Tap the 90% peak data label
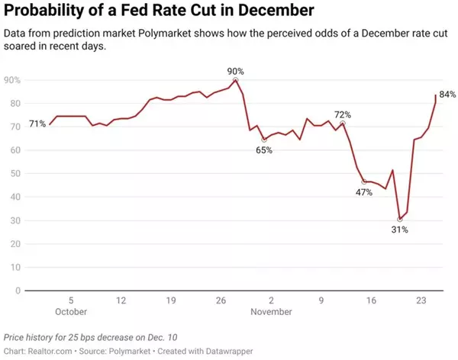236,70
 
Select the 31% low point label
400,230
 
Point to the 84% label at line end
447,95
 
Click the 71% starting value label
37,124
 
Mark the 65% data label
264,150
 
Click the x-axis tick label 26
221,301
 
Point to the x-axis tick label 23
421,301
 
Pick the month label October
71,311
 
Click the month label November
271,311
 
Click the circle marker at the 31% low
400,219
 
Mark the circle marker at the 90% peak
236,79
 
